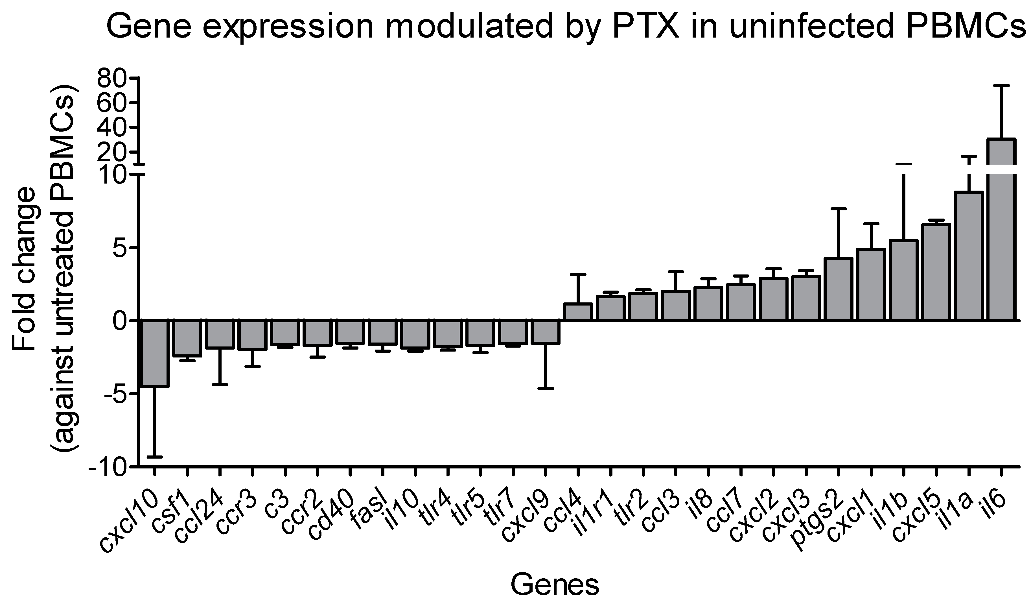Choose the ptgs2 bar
838,289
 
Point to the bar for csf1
187,338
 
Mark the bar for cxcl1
871,284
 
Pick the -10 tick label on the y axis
107,467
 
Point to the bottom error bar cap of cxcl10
155,457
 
